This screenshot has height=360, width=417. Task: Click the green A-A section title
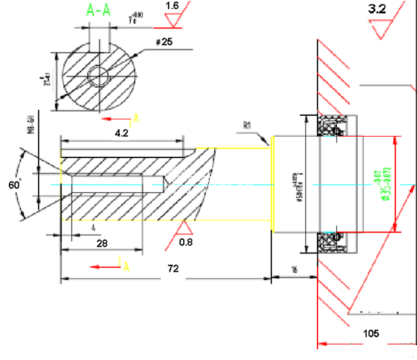[x=99, y=11]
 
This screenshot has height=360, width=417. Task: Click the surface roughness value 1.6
[x=172, y=6]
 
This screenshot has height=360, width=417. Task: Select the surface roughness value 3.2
[x=377, y=9]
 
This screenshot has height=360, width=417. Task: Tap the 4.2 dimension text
[x=121, y=133]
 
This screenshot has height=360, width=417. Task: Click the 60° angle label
[x=14, y=185]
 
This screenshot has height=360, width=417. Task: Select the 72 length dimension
[x=173, y=268]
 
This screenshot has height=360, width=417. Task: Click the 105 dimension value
[x=371, y=333]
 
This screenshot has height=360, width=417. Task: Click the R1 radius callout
[x=248, y=124]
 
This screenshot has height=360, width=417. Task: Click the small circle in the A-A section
[x=98, y=77]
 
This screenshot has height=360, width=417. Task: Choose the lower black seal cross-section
[x=332, y=242]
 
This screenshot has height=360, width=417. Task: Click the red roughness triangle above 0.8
[x=186, y=228]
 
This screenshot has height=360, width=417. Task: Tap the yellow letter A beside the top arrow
[x=136, y=119]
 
